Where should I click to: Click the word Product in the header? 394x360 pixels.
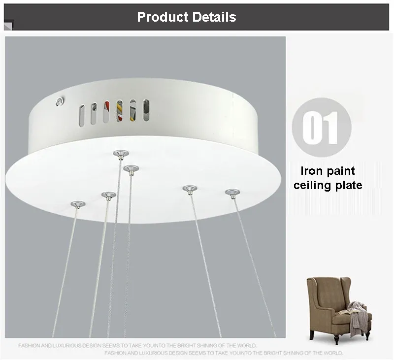(163, 17)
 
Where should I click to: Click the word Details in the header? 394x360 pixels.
(214, 17)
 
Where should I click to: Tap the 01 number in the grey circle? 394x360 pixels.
(321, 128)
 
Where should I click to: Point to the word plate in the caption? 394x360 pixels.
(349, 185)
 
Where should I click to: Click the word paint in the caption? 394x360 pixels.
(340, 171)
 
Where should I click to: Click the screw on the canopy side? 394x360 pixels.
(60, 101)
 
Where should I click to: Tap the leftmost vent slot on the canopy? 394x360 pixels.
(82, 116)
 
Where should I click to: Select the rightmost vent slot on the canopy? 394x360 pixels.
(146, 110)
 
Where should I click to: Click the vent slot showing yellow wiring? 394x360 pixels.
(120, 110)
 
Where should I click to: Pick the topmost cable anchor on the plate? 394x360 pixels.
(121, 154)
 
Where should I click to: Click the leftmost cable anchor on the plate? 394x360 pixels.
(78, 204)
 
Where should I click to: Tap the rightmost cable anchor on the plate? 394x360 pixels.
(232, 193)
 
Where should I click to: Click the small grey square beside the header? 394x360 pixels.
(8, 26)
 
